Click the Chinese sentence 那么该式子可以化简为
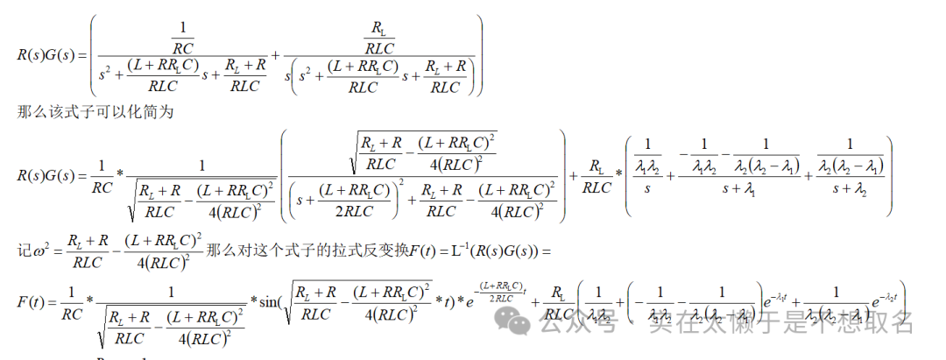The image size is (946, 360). tap(95, 111)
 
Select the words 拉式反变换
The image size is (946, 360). tap(374, 251)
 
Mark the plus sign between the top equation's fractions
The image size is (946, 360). tap(276, 54)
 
